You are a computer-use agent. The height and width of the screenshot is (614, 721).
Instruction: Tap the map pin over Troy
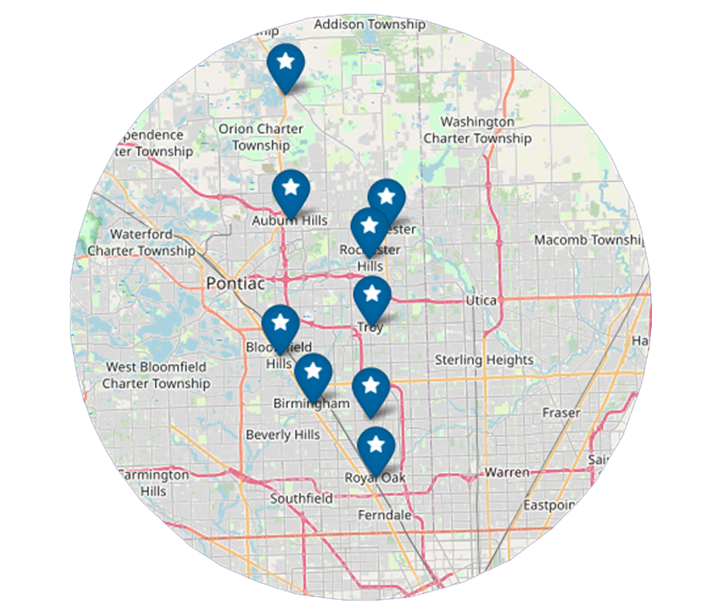pyautogui.click(x=372, y=297)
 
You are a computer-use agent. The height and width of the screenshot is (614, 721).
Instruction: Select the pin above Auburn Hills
pyautogui.click(x=291, y=189)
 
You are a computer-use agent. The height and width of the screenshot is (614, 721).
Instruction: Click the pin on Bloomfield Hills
pyautogui.click(x=280, y=324)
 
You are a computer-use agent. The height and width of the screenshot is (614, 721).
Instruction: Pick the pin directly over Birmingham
pyautogui.click(x=314, y=373)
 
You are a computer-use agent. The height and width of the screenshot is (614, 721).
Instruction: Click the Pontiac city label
pyautogui.click(x=235, y=284)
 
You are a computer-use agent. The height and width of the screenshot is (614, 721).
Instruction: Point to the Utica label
pyautogui.click(x=480, y=300)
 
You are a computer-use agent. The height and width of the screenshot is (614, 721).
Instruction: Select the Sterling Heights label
pyautogui.click(x=484, y=360)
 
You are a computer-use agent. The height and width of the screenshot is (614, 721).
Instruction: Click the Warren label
pyautogui.click(x=507, y=472)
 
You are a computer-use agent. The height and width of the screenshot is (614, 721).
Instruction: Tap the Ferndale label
pyautogui.click(x=384, y=515)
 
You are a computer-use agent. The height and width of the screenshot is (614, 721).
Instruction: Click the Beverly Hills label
pyautogui.click(x=283, y=435)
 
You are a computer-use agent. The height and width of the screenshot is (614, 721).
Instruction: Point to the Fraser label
pyautogui.click(x=561, y=413)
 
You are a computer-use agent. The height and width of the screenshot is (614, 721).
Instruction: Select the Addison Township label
pyautogui.click(x=369, y=25)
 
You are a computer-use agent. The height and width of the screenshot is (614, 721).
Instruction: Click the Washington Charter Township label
pyautogui.click(x=477, y=130)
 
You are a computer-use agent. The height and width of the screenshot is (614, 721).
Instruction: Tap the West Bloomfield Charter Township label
pyautogui.click(x=156, y=375)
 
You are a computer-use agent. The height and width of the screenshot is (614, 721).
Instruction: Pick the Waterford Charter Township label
pyautogui.click(x=141, y=242)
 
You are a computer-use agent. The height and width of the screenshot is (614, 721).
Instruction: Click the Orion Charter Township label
pyautogui.click(x=261, y=137)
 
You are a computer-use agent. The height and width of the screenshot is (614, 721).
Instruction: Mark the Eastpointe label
pyautogui.click(x=550, y=505)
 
